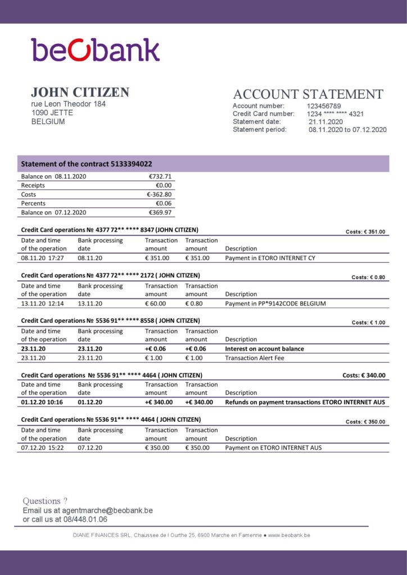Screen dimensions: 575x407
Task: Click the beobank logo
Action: tap(95, 50)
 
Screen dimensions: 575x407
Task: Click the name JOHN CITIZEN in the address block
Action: tap(80, 93)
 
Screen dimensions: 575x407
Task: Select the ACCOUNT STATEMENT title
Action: tap(307, 94)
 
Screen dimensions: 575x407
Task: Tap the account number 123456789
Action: tap(324, 106)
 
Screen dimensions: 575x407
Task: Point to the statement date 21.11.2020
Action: tap(325, 122)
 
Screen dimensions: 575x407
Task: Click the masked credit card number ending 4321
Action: tap(335, 114)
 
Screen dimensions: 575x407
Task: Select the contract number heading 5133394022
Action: tap(86, 164)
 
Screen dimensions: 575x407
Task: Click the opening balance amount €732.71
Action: tap(160, 176)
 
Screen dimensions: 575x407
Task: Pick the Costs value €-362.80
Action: tap(159, 194)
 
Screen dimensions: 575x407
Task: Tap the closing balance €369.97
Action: tap(160, 212)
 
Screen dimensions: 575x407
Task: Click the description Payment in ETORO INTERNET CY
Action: tap(270, 258)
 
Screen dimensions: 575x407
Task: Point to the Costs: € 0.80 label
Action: tap(368, 277)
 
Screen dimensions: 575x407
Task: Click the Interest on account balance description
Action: tap(264, 349)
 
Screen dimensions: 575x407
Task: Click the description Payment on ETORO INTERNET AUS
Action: tap(273, 448)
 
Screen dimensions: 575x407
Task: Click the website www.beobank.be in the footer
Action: tap(289, 535)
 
